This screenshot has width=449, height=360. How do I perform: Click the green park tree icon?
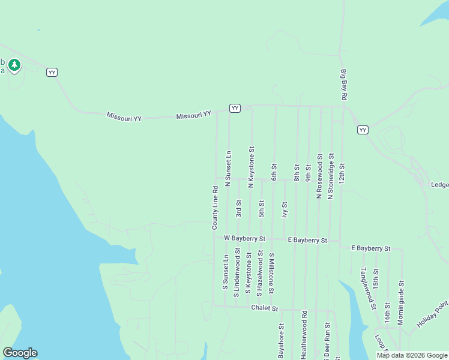(14, 64)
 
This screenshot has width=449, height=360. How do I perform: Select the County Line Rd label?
(214, 208)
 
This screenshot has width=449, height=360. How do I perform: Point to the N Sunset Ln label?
(228, 169)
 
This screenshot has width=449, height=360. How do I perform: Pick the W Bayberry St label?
(244, 238)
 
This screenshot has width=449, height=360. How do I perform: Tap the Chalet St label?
(265, 308)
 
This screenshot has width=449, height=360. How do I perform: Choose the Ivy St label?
(285, 210)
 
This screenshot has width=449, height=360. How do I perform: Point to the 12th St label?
(342, 173)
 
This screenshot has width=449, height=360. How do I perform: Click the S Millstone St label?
(271, 274)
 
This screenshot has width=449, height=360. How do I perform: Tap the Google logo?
(20, 353)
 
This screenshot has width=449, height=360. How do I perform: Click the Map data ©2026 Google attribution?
(412, 355)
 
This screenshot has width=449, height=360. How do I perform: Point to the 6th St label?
(274, 172)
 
